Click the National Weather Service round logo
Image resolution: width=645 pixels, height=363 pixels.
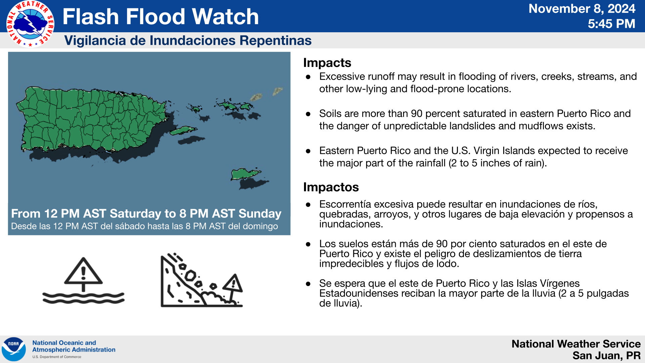coord(31,24)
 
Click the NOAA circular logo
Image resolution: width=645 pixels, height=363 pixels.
coord(14,349)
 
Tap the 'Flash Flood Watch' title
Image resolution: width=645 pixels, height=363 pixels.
coord(161,16)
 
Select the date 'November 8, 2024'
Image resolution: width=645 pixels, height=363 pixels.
coord(582,9)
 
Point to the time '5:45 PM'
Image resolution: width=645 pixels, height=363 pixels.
coord(611,24)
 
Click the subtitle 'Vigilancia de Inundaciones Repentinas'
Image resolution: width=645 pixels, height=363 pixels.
coord(188,40)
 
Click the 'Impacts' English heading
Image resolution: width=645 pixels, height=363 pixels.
coord(327,63)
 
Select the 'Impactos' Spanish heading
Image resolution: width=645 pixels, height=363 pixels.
coord(331,187)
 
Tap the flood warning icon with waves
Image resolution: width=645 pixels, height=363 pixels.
coord(83,281)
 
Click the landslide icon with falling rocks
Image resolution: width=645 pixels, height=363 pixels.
coord(202,280)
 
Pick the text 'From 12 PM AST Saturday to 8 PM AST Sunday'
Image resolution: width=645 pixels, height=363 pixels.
coord(146,214)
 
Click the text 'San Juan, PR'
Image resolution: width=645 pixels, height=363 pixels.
coord(606,356)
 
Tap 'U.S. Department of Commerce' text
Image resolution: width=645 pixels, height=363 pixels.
coord(57,357)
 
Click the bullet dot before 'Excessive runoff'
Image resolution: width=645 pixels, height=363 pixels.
coord(308,77)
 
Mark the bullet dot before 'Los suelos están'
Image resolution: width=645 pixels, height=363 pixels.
coord(308,244)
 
